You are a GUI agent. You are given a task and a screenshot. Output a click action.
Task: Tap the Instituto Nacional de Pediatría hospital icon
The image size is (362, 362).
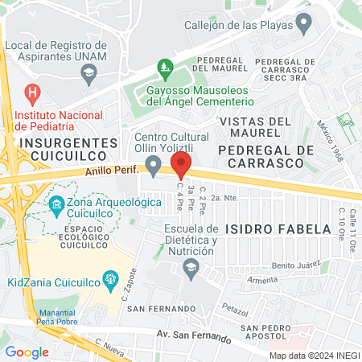tap(32, 94)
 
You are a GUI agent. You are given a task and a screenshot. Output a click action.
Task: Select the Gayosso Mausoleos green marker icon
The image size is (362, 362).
tap(166, 66)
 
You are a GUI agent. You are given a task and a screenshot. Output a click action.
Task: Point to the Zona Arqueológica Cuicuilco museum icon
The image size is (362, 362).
tap(58, 205)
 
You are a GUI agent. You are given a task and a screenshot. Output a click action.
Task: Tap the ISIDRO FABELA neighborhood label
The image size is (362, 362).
tap(278, 228)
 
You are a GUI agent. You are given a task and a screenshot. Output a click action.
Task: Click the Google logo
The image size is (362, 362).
tap(27, 352)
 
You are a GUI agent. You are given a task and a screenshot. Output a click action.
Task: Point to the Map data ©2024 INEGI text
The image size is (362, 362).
tap(313, 356)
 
